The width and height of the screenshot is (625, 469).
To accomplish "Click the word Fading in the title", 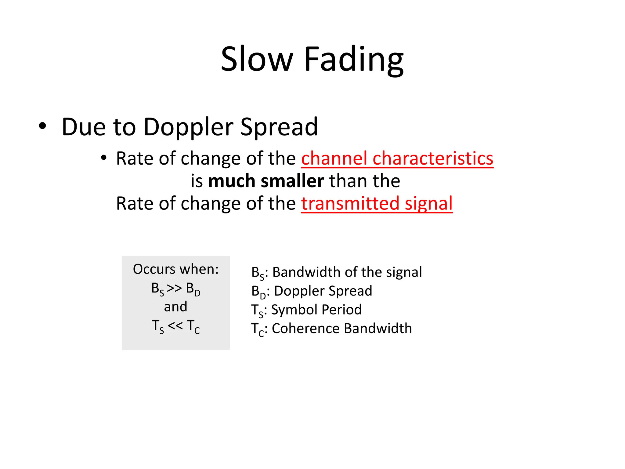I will pos(354,60).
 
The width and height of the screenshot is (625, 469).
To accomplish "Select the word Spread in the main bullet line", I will pos(279,127).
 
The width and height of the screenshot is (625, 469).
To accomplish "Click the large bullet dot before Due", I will pos(42,126).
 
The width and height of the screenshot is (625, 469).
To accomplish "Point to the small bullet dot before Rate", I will pos(104,158).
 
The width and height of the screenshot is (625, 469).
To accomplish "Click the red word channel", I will pos(334,158).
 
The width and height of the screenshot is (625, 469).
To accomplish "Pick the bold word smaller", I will pos(292,181).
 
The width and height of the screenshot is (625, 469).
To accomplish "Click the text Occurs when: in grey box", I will pos(176,269).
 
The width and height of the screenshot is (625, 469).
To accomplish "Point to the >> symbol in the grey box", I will pos(175,288).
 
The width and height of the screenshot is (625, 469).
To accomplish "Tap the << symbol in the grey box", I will pos(175,325).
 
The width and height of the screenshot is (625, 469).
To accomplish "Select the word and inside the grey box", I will pos(175,307).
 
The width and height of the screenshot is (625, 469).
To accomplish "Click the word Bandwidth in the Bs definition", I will pos(306,272).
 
